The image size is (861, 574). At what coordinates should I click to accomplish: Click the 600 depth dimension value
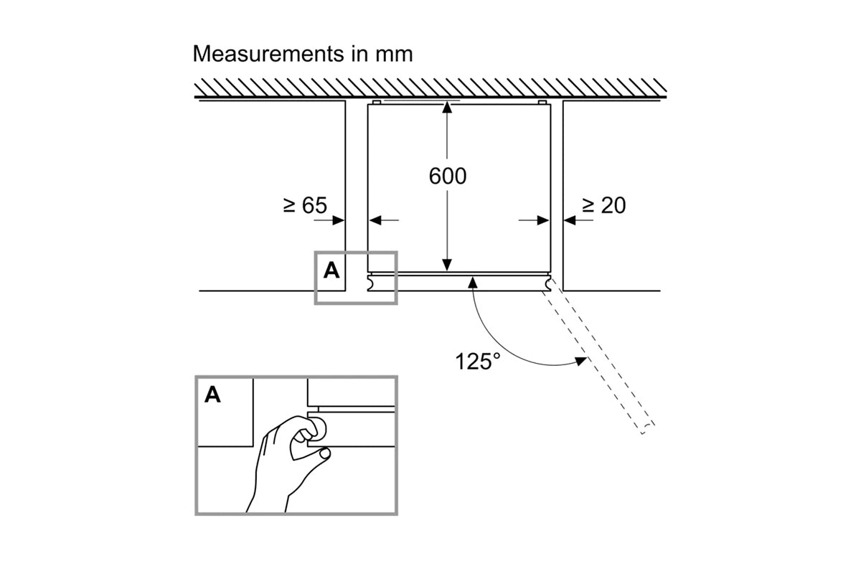pos(447,176)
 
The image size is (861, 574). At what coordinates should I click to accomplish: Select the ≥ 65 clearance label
pos(304,206)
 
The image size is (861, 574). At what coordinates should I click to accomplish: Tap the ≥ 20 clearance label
pos(603,206)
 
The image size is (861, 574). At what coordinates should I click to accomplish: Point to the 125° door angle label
pos(478,361)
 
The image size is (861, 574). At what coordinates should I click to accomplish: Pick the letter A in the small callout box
pos(331,270)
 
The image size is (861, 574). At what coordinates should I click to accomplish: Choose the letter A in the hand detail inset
pos(213,395)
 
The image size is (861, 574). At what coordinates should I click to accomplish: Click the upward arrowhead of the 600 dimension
pos(447,108)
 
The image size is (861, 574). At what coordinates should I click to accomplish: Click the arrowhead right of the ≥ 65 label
pos(339,220)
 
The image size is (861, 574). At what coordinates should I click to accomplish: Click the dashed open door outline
pos(603,359)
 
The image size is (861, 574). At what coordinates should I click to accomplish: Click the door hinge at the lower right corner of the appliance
pos(549,283)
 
